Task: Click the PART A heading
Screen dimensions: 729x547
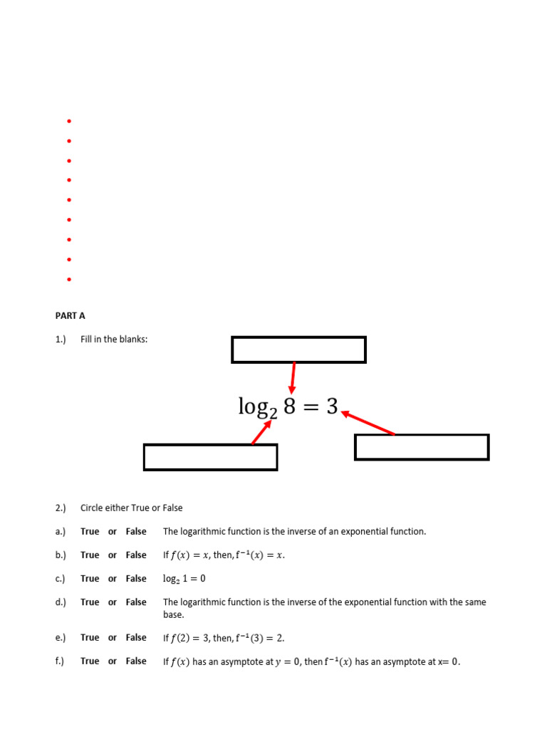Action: pos(70,315)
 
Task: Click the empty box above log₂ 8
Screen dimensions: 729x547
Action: pos(298,350)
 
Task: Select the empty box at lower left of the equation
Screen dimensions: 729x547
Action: pos(210,457)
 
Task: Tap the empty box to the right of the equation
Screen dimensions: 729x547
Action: pos(422,447)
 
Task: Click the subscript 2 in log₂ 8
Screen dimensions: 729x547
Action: pos(271,411)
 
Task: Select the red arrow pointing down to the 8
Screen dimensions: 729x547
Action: pos(293,377)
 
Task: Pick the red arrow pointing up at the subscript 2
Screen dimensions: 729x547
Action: pos(261,432)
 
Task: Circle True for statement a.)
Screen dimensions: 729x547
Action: pos(90,531)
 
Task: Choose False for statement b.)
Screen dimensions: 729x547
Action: pos(136,555)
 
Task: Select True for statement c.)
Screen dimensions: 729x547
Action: pos(90,578)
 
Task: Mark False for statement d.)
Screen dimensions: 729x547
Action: pos(136,602)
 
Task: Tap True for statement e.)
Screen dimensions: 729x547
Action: pos(90,637)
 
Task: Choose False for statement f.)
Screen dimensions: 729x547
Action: pos(136,661)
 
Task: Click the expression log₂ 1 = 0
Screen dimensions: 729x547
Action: pos(184,579)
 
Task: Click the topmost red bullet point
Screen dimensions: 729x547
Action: pos(69,122)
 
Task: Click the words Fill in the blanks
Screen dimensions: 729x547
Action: pos(114,340)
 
